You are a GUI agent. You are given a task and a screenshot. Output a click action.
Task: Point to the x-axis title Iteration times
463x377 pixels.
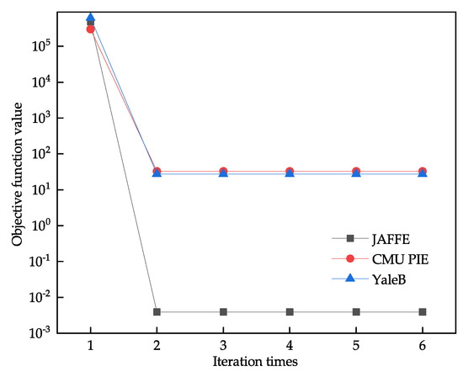257,363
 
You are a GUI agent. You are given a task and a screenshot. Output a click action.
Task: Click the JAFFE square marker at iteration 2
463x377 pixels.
157,312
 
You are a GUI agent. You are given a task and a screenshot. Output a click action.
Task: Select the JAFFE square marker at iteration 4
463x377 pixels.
290,312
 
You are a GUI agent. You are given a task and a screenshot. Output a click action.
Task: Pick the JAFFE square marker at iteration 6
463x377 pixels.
423,312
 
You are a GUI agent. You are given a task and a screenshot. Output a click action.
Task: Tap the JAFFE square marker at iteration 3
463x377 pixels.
223,312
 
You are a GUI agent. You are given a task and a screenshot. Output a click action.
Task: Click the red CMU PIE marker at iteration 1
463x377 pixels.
90,29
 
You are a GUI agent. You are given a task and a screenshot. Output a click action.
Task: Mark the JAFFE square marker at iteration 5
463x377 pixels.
356,312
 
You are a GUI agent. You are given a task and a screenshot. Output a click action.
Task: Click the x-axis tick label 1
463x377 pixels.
90,345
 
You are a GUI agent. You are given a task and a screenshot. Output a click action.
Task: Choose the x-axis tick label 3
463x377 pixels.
223,345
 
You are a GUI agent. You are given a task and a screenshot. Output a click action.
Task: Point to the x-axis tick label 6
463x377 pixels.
423,345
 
